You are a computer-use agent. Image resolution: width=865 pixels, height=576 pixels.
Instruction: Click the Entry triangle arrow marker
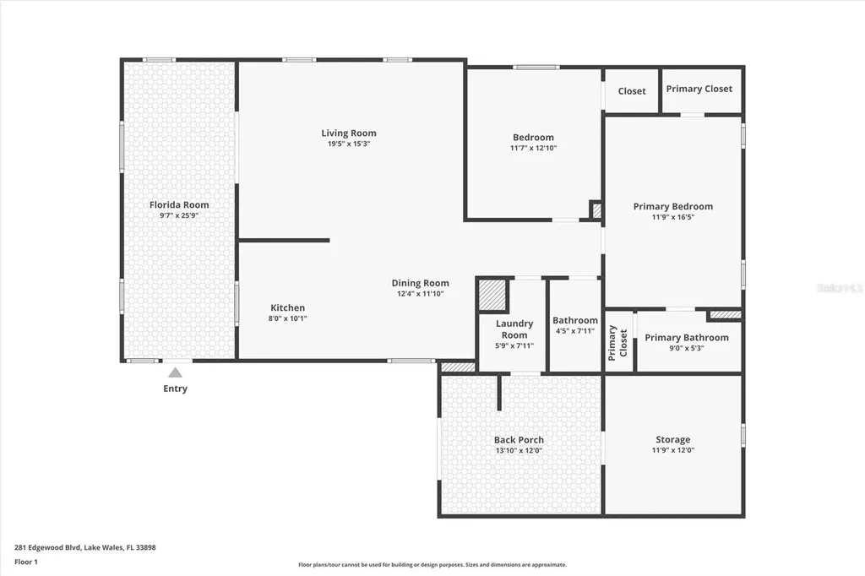tap(175, 372)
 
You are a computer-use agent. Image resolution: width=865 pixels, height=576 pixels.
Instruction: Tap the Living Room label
tap(349, 133)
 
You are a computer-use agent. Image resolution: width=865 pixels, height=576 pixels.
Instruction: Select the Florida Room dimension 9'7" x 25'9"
tap(179, 215)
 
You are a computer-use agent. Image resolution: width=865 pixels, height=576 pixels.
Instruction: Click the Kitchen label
tap(287, 308)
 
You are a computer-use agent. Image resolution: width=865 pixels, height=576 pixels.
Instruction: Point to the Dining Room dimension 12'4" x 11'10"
tap(421, 294)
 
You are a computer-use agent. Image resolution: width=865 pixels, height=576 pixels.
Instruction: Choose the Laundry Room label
tap(514, 329)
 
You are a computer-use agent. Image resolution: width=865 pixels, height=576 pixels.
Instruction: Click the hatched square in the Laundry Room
tap(492, 295)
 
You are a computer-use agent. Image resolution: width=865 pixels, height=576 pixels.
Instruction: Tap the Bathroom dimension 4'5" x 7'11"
tap(574, 331)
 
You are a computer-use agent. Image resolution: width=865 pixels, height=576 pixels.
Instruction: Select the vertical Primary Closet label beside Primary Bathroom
tap(617, 343)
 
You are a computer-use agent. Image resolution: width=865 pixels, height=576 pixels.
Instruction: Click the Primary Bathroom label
tap(687, 338)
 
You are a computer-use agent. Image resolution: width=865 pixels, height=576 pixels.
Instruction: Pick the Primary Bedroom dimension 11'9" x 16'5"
tap(673, 217)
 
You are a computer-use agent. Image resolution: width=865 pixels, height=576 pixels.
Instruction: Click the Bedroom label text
tap(533, 138)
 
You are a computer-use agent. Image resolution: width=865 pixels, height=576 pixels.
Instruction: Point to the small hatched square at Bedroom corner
tap(596, 210)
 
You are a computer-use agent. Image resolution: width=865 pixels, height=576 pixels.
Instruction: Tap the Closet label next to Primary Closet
tap(632, 91)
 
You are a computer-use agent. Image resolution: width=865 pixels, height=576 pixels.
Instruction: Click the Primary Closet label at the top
tap(699, 89)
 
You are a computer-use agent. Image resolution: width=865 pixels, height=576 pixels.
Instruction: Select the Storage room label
tap(673, 440)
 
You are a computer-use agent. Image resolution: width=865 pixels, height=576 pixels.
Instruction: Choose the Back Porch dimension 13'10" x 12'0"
tap(520, 450)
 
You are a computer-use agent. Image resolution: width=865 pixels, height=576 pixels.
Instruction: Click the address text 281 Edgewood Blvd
tap(48, 548)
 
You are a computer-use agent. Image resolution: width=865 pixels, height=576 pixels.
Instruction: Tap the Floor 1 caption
tap(26, 562)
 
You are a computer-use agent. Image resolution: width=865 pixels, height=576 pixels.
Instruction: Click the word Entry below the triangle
tap(176, 389)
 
